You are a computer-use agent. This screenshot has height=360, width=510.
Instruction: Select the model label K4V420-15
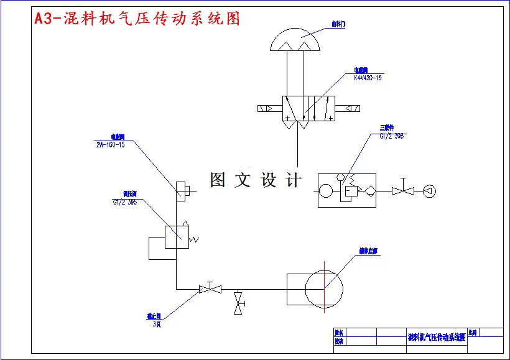(x=368, y=78)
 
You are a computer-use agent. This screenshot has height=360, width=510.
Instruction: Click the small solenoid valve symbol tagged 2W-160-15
(x=182, y=190)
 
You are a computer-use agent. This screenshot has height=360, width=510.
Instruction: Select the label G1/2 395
(x=124, y=202)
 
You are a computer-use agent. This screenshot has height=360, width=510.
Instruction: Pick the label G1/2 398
(x=391, y=136)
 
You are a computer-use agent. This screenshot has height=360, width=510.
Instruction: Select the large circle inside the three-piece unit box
(x=327, y=191)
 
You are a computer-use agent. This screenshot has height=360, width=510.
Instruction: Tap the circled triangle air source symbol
(x=429, y=191)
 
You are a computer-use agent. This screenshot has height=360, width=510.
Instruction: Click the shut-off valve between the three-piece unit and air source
(x=403, y=191)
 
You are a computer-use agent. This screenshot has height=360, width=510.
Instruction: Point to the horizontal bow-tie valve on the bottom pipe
(x=210, y=289)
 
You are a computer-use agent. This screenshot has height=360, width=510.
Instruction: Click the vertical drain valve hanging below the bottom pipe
(x=238, y=303)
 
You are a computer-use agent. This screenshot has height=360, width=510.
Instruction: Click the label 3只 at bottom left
(x=157, y=324)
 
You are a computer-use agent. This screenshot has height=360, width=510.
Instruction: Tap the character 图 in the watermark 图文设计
(x=218, y=180)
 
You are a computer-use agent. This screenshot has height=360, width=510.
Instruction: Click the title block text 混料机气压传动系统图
(x=437, y=337)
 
